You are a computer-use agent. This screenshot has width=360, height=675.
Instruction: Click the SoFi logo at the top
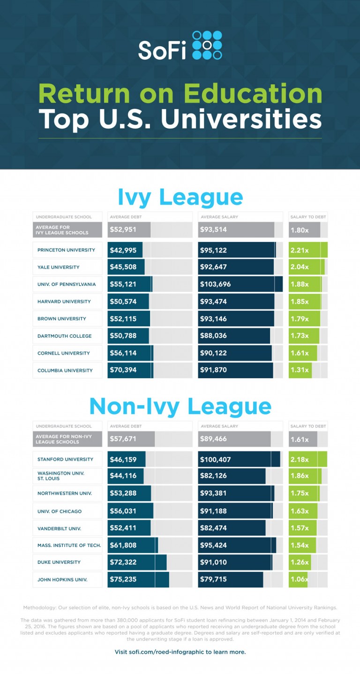tap(180, 45)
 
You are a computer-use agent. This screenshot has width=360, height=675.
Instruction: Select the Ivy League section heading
tap(180, 197)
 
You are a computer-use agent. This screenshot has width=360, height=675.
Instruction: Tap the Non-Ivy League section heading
tap(180, 406)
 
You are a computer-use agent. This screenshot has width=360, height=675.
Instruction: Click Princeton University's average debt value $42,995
tap(123, 250)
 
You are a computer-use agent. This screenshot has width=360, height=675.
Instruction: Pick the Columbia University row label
tap(65, 370)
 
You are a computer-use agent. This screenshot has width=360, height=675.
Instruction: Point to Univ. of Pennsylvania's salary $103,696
tap(215, 284)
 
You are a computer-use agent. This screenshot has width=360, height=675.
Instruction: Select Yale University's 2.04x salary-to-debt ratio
tap(300, 267)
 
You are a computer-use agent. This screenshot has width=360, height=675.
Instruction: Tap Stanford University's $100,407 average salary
tap(215, 459)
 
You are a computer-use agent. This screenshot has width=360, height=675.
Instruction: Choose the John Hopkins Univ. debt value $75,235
tap(123, 579)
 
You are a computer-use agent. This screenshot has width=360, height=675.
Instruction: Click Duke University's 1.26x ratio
tap(300, 562)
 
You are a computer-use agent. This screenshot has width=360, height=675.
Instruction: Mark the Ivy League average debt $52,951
tap(123, 230)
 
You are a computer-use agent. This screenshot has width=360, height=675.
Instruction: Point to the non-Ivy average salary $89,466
tap(213, 439)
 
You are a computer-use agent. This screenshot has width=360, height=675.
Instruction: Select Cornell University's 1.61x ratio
tap(300, 353)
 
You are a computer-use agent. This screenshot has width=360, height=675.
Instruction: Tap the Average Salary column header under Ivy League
tap(219, 217)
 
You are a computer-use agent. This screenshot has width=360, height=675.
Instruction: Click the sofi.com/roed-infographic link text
tap(180, 652)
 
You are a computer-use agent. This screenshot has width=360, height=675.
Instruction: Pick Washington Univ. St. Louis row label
tap(61, 476)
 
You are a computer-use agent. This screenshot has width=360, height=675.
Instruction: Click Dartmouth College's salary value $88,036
tap(213, 336)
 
